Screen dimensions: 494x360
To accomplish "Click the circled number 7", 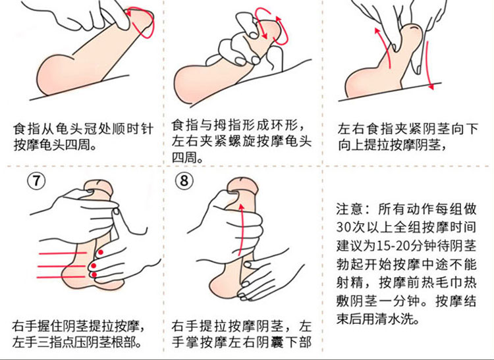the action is tap(36, 180).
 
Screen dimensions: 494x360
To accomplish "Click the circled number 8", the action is tap(184, 180).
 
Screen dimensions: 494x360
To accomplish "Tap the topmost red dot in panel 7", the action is tap(101, 252).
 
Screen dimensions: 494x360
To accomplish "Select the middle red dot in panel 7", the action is tap(94, 267).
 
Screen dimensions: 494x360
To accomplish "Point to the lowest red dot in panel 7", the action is tap(94, 275).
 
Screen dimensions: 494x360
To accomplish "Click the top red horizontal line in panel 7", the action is tap(63, 253).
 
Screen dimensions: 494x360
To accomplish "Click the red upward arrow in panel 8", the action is tap(241, 229).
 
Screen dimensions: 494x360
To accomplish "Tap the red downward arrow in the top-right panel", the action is tap(429, 64).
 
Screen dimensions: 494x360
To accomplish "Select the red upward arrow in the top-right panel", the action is tap(384, 47).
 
